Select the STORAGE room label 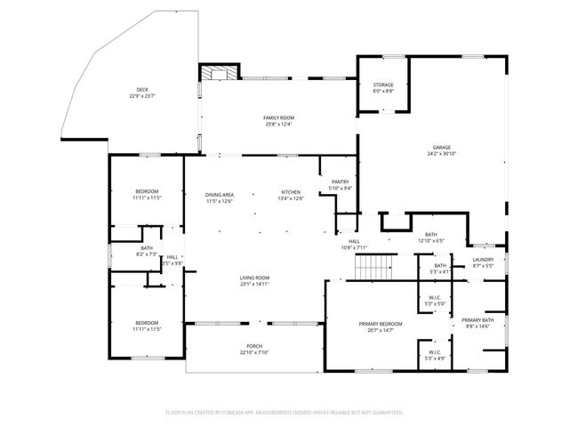tap(383, 85)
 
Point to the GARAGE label tap(442, 148)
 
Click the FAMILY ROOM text tap(278, 118)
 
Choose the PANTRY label tap(341, 182)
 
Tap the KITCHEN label tap(291, 193)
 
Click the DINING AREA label tap(220, 195)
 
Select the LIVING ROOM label tap(254, 278)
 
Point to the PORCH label tap(254, 346)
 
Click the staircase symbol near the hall tap(374, 266)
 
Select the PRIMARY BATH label tap(477, 320)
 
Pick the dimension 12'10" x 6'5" tap(430, 240)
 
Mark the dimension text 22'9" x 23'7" tap(142, 97)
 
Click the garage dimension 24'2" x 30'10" tap(442, 154)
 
